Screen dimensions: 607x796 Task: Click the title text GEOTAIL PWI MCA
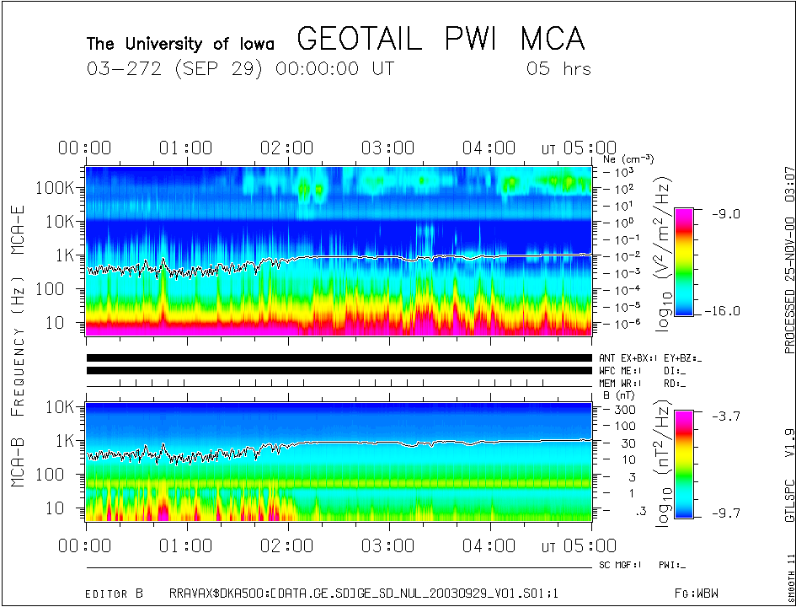pos(441,40)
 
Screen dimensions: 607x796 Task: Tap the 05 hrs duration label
pos(558,69)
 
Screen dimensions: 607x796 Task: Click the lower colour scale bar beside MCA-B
pos(685,464)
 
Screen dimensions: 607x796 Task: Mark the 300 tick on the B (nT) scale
pos(623,409)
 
